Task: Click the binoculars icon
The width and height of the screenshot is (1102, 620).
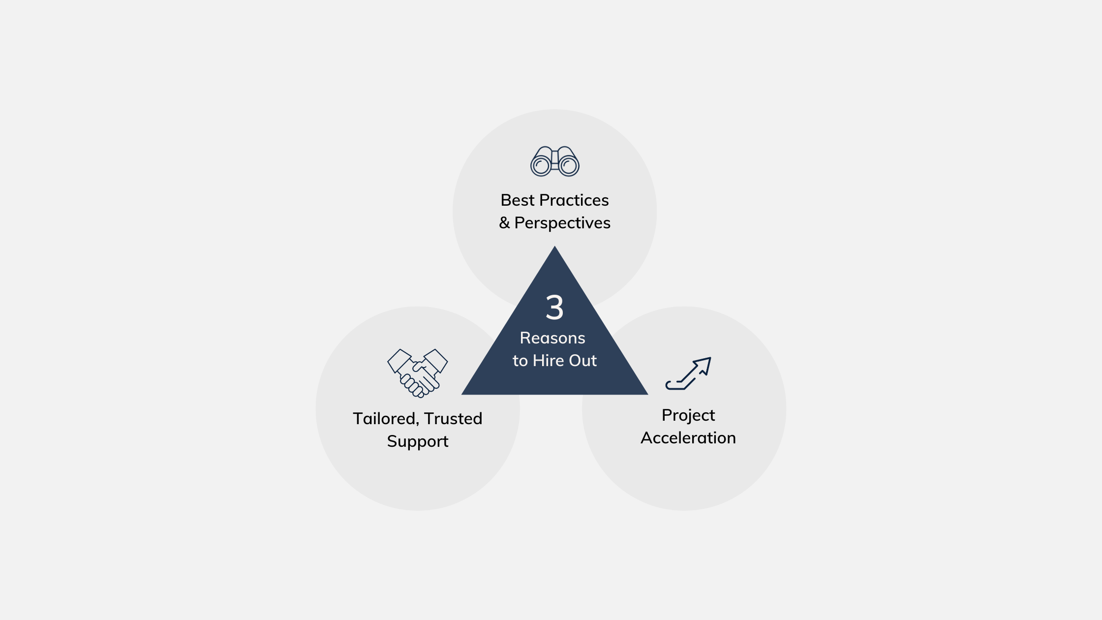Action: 555,161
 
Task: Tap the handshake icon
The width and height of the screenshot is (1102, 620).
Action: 418,373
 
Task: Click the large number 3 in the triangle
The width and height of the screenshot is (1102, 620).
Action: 554,308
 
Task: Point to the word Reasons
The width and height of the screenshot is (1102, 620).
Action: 552,338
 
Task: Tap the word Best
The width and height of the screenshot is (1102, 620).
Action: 518,200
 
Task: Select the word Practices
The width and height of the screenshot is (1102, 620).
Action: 574,200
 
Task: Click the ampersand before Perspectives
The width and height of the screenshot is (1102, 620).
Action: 504,223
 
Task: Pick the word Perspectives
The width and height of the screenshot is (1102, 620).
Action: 562,223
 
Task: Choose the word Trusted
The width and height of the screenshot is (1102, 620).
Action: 453,419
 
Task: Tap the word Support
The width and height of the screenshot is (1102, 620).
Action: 418,441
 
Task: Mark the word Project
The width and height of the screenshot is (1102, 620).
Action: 688,415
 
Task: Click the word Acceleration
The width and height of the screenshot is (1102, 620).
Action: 688,438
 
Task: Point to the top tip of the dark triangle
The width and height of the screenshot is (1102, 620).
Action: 555,248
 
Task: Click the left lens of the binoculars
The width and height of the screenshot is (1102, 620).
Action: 541,166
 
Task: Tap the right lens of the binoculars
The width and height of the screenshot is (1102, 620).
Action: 569,166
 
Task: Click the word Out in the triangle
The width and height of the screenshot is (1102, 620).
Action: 582,361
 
